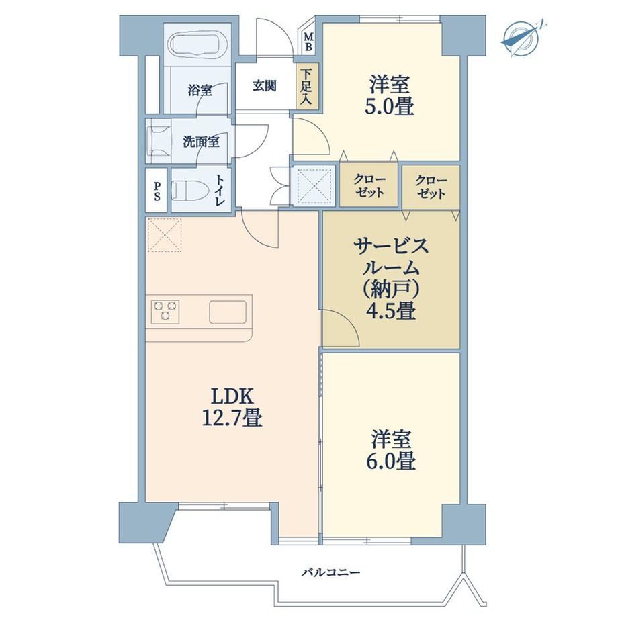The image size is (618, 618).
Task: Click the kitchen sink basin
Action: pyautogui.click(x=228, y=312)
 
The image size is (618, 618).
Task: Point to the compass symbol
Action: pyautogui.click(x=522, y=38)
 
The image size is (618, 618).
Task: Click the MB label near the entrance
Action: pyautogui.click(x=309, y=42)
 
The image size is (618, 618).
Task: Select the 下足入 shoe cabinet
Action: pyautogui.click(x=306, y=86)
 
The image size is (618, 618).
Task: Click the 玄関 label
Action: pyautogui.click(x=264, y=86)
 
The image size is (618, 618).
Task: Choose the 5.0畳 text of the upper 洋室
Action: pyautogui.click(x=389, y=107)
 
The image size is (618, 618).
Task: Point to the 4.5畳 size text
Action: pyautogui.click(x=391, y=312)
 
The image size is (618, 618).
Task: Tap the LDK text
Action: pyautogui.click(x=232, y=397)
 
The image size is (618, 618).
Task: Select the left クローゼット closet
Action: pyautogui.click(x=369, y=185)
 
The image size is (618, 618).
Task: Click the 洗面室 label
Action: pyautogui.click(x=201, y=142)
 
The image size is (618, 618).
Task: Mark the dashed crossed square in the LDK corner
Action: pyautogui.click(x=165, y=235)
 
